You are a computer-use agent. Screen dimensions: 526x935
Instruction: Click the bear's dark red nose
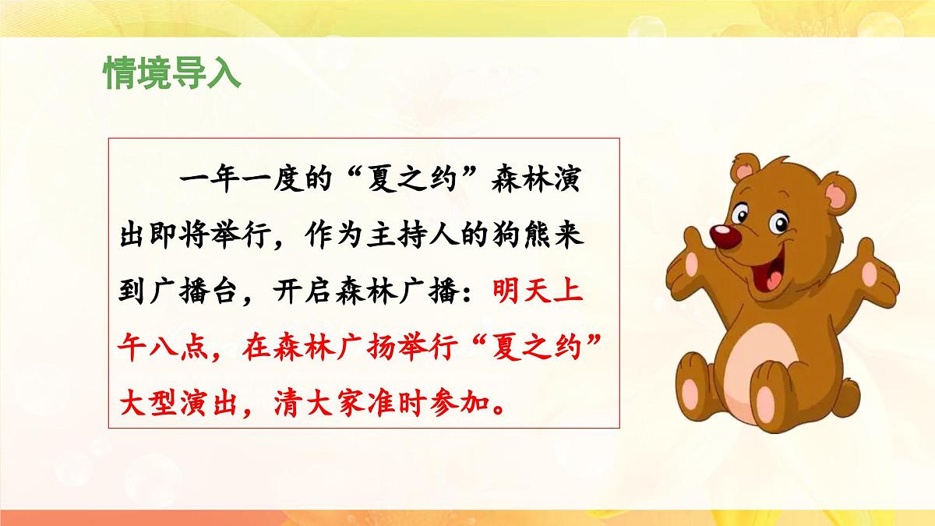click(725, 239)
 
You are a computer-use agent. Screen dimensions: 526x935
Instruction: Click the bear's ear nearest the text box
click(744, 173)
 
